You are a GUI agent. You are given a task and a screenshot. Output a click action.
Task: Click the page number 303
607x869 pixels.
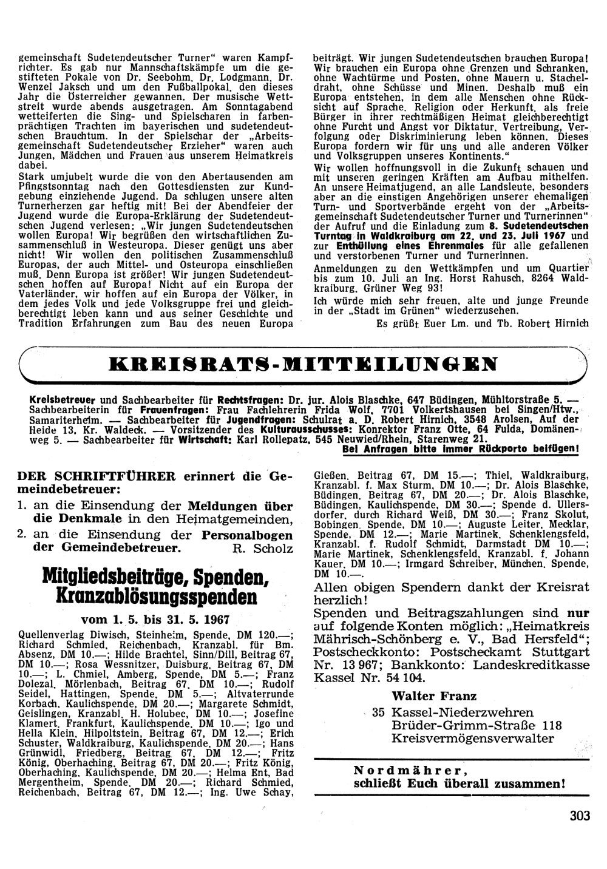click(x=580, y=815)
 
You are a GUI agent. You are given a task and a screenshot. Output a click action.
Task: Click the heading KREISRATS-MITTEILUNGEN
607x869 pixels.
click(x=302, y=364)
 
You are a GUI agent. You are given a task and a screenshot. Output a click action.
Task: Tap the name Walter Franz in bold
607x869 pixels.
click(x=434, y=695)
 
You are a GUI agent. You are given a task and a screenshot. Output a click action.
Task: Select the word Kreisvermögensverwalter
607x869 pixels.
click(x=473, y=738)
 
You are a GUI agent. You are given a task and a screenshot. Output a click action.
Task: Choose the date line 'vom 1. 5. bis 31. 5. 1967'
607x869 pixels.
click(x=155, y=621)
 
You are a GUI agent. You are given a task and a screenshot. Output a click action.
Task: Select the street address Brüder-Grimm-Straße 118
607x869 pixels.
click(x=476, y=725)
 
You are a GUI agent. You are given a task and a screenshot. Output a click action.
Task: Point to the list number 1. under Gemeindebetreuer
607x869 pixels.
click(x=22, y=506)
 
